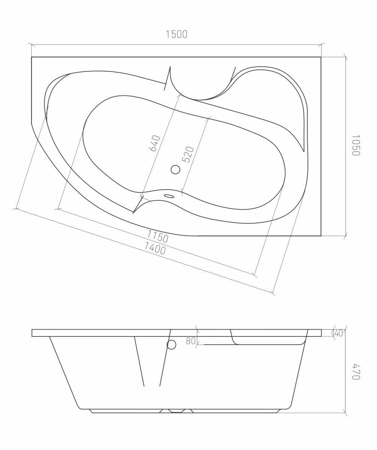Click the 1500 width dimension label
(177, 34)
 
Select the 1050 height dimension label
(356, 145)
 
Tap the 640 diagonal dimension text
(155, 143)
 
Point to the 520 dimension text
(188, 154)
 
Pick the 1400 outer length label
(155, 248)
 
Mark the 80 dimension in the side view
(191, 341)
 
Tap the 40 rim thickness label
(338, 333)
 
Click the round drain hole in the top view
(175, 169)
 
